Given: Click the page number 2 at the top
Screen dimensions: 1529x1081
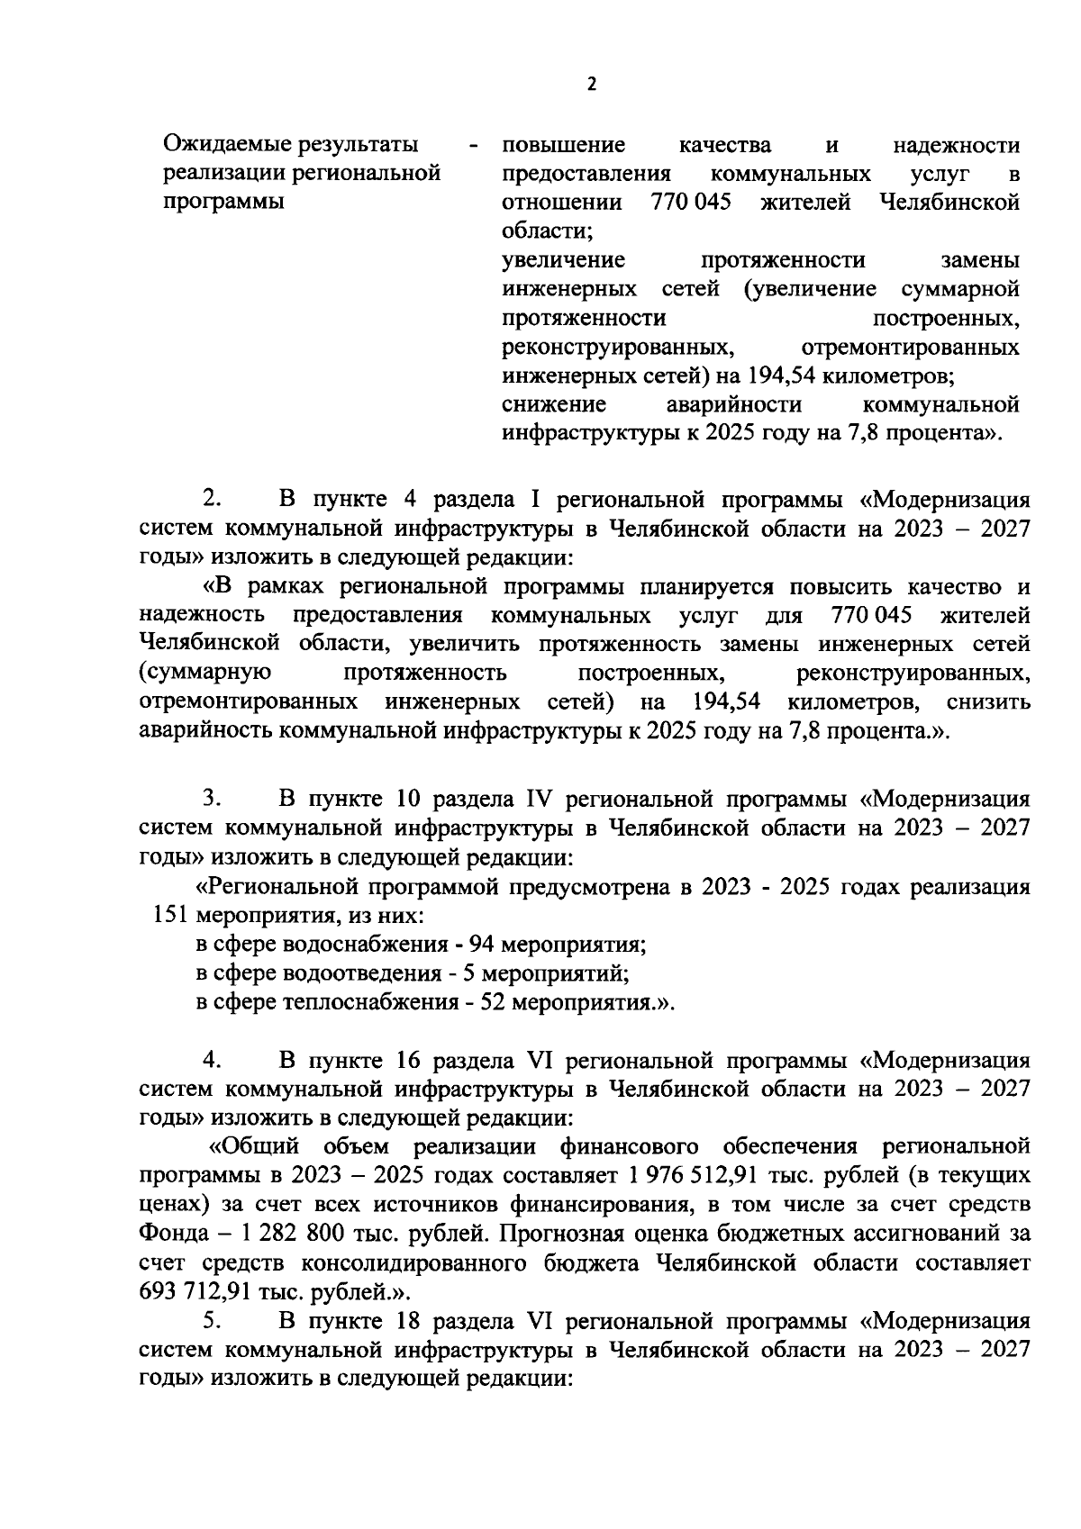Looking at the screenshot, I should (591, 85).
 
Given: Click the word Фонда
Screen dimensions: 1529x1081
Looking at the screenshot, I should (172, 1234).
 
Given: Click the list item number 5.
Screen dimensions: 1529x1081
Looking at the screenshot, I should (212, 1321).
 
